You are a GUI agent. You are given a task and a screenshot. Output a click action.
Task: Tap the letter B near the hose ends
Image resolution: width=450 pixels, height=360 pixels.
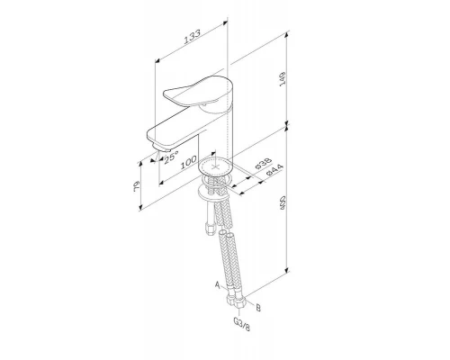259,307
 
